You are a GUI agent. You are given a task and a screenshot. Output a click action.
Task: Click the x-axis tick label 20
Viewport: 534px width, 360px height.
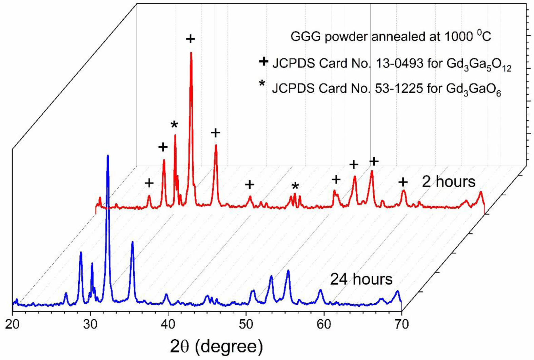coord(13,324)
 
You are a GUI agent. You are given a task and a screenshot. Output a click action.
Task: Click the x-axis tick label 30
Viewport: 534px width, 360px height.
coord(90,324)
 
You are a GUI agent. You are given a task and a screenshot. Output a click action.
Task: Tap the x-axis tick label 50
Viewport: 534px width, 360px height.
coord(246,324)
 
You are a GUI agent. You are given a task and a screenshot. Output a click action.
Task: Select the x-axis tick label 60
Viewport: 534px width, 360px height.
coord(324,324)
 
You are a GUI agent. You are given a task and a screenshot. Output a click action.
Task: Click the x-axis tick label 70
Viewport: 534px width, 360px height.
coord(401,324)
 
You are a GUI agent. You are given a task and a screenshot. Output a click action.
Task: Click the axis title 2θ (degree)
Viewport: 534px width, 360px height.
coord(216,346)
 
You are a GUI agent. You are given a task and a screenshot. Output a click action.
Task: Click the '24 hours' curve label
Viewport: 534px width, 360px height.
coord(361,279)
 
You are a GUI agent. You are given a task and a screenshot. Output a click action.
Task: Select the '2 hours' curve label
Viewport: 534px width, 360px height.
coord(449,182)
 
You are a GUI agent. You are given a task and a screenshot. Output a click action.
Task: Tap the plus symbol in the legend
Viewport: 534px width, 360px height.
coord(263,62)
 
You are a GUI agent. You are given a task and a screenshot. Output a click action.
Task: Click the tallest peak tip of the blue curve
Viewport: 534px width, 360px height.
coord(108,156)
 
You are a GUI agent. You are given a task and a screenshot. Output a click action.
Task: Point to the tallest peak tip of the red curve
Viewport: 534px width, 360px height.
coord(191,53)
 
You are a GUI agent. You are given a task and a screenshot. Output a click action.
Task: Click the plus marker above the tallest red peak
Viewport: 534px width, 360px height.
coord(191,39)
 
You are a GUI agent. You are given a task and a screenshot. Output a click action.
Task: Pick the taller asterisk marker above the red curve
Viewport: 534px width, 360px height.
coord(174,125)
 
